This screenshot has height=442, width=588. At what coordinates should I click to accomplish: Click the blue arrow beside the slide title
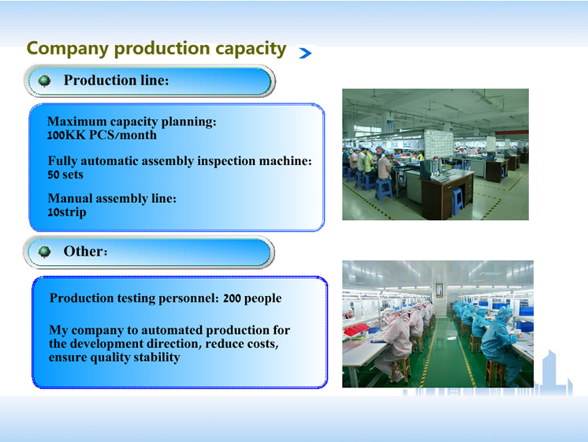pyautogui.click(x=305, y=53)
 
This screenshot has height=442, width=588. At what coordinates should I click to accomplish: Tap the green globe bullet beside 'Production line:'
pyautogui.click(x=44, y=81)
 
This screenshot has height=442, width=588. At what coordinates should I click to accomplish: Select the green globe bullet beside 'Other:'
pyautogui.click(x=44, y=252)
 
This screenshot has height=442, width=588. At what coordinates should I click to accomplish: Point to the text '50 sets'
pyautogui.click(x=65, y=174)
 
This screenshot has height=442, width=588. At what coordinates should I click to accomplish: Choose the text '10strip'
pyautogui.click(x=67, y=212)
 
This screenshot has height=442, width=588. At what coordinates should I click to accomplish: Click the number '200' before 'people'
pyautogui.click(x=232, y=298)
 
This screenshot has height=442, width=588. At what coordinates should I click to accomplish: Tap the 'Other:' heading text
pyautogui.click(x=85, y=251)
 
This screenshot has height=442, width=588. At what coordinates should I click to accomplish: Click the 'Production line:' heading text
pyautogui.click(x=116, y=80)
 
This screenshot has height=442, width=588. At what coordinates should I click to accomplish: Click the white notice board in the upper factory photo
pyautogui.click(x=438, y=144)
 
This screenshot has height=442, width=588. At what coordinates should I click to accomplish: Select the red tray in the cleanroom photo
pyautogui.click(x=356, y=330)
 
